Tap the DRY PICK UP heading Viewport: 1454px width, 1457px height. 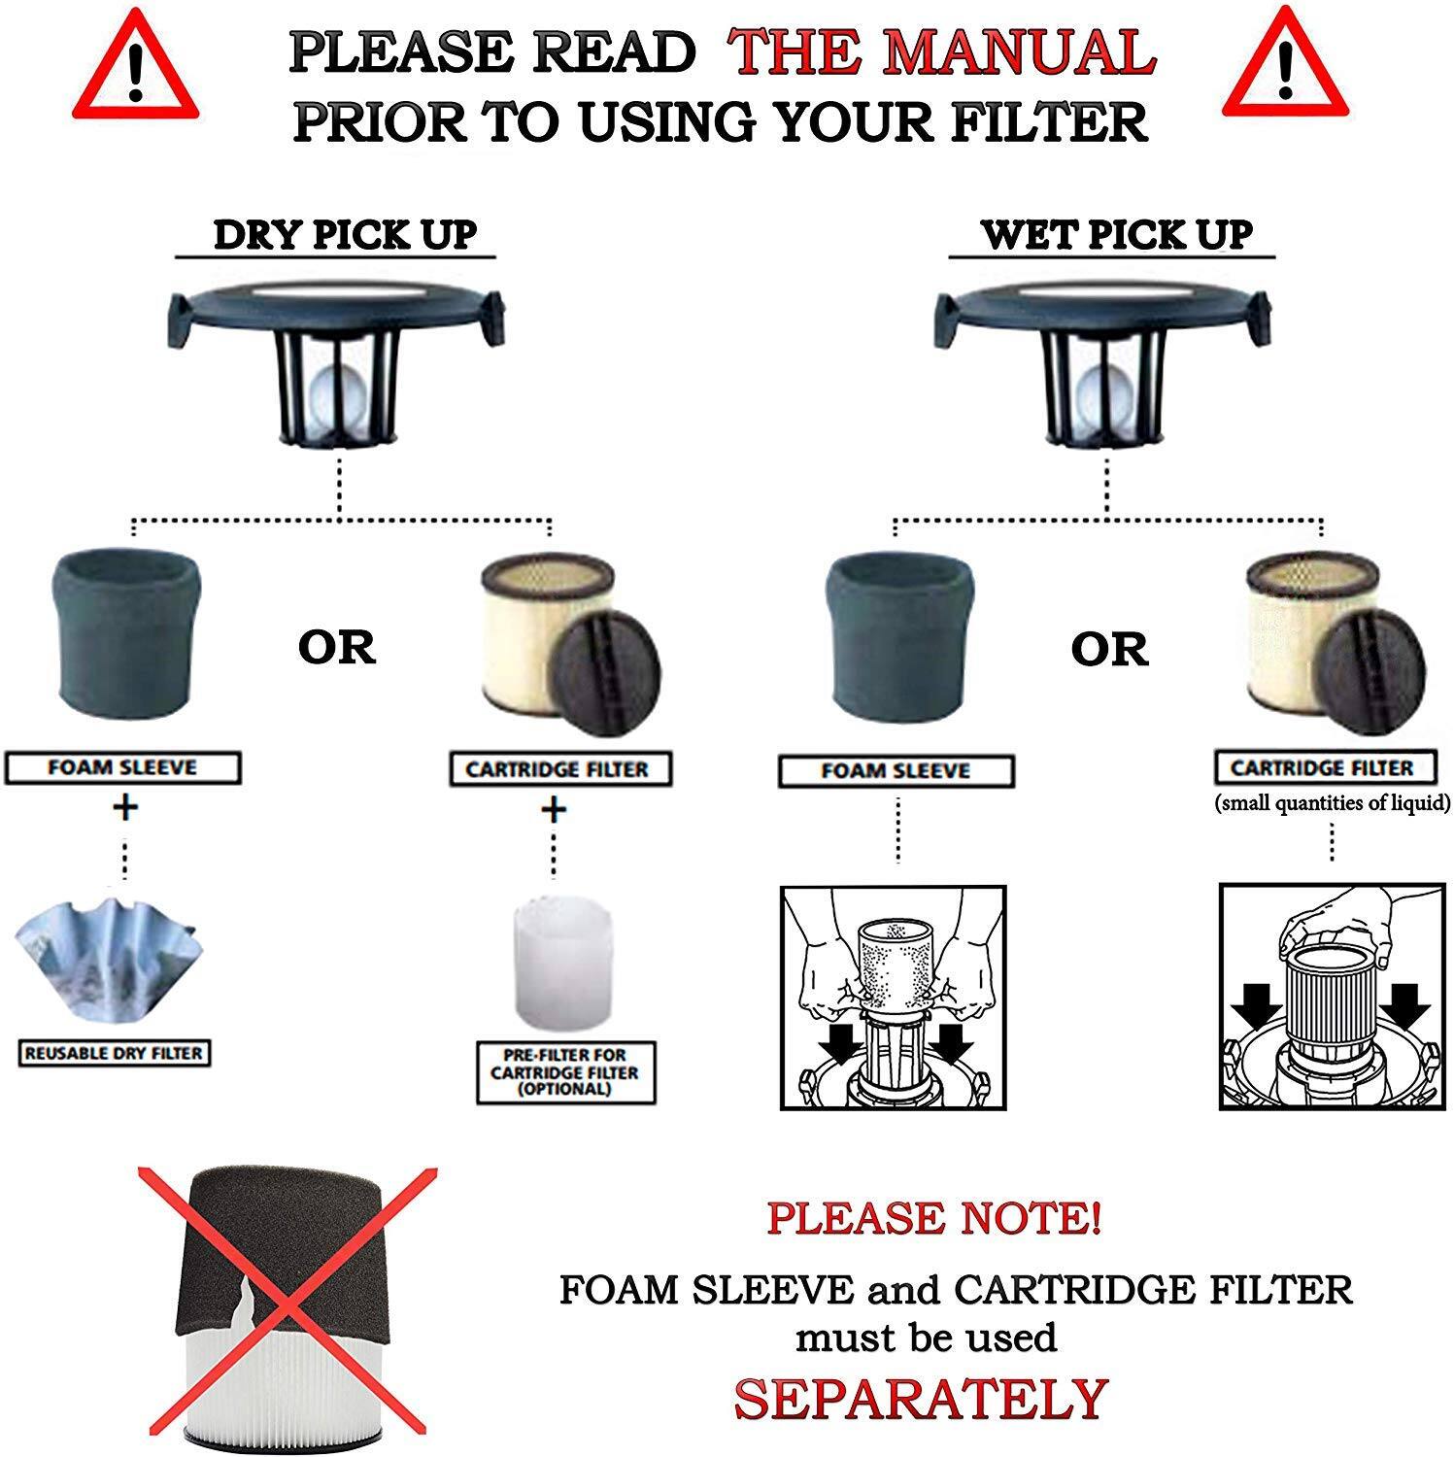coord(345,235)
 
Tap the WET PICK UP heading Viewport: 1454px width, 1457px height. coord(1116,235)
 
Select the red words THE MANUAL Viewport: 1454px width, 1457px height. coord(942,52)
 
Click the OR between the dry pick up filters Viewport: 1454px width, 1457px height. coord(336,648)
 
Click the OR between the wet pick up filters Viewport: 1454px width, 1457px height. coord(1109,650)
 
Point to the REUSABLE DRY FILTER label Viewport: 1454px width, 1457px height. coord(114,1053)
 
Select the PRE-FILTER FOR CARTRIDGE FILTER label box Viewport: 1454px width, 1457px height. coord(564,1072)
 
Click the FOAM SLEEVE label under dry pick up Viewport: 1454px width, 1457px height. coord(122,767)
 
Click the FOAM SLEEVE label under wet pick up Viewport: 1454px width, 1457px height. coord(896,771)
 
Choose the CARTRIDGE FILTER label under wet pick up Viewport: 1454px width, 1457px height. coord(1321,768)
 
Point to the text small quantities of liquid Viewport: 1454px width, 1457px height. coord(1332,803)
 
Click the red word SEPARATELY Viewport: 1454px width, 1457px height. coord(920,1399)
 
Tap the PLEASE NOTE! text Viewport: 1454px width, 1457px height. coord(933,1218)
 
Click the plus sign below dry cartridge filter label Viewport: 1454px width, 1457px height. coord(553,809)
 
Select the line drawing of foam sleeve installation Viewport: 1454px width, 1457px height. coord(893,997)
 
